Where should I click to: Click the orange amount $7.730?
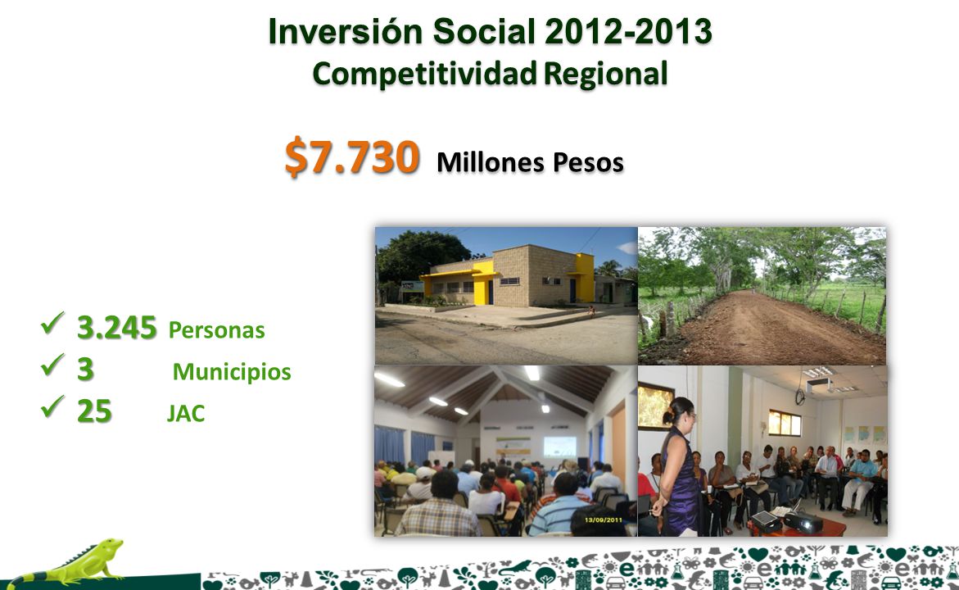[352, 157]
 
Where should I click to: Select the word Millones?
[491, 162]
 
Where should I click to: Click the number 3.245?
[117, 328]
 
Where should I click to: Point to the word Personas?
[216, 330]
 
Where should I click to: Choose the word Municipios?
[232, 372]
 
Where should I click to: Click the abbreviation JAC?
[186, 414]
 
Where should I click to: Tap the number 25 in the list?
[94, 411]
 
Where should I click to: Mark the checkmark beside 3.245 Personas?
[52, 323]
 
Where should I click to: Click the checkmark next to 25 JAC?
[52, 406]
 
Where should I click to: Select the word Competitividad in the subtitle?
[424, 74]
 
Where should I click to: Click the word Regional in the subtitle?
[605, 74]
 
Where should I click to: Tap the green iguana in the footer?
[67, 560]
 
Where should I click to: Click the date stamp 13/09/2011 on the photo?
[603, 520]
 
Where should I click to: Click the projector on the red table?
[803, 522]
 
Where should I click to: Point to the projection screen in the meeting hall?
[559, 446]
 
